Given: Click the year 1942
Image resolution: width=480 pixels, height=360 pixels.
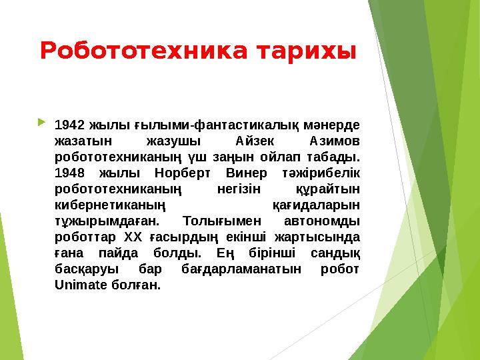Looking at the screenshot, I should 69,125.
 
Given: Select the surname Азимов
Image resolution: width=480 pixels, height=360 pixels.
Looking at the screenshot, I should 335,141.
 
